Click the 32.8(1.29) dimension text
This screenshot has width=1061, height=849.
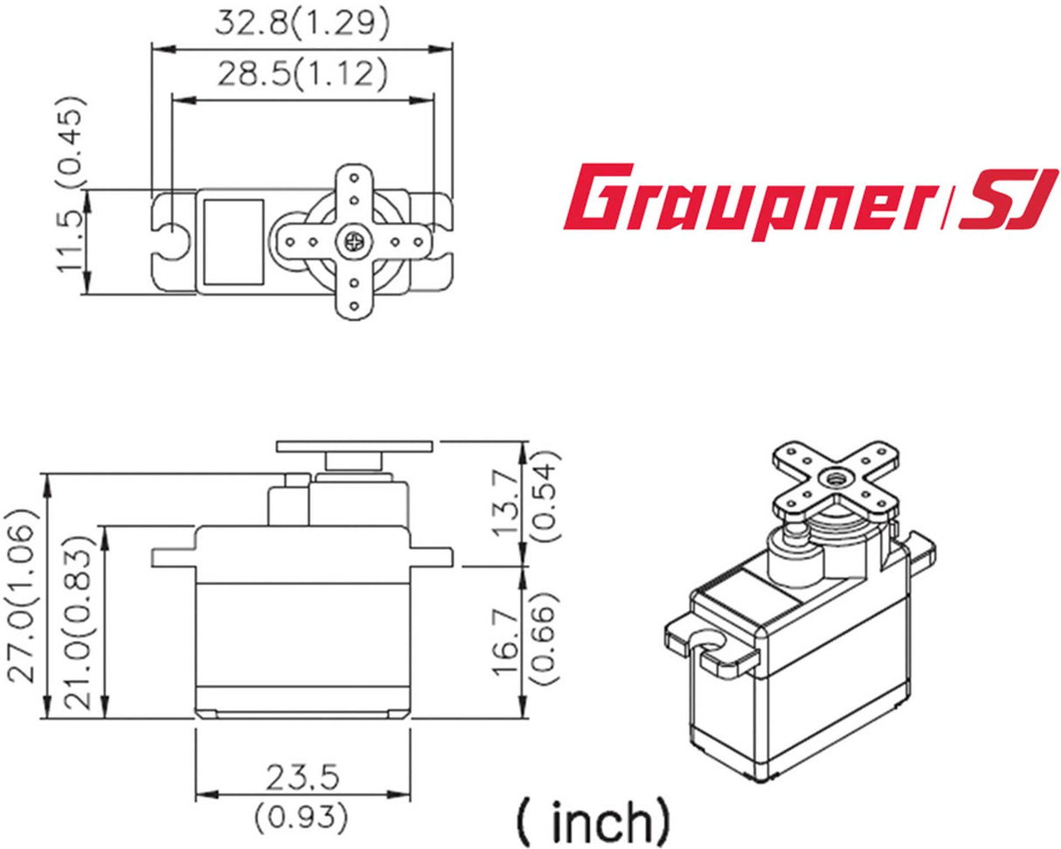click(302, 24)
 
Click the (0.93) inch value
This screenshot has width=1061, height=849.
click(302, 818)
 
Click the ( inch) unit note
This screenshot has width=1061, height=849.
click(595, 819)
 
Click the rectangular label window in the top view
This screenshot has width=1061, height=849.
click(232, 241)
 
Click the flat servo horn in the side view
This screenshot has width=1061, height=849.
click(354, 446)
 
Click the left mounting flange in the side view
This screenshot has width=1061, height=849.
click(173, 557)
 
